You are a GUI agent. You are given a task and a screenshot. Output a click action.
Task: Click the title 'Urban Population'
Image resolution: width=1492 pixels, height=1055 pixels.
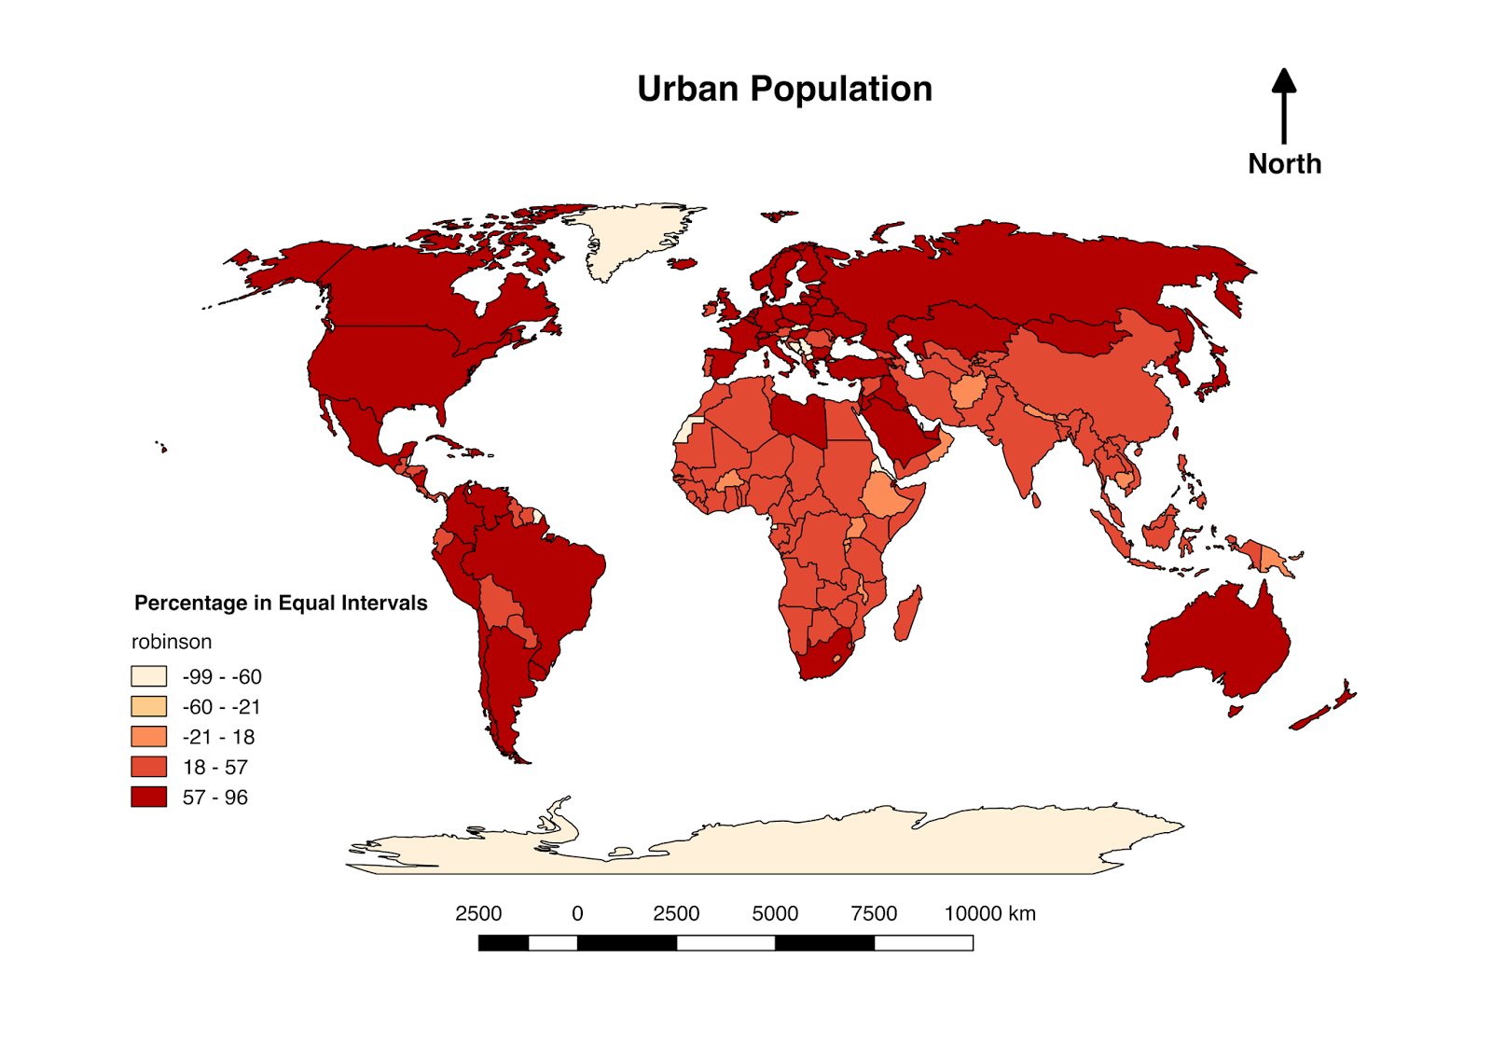coord(784,89)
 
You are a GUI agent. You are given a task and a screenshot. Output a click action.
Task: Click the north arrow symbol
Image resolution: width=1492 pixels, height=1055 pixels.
coord(1284,104)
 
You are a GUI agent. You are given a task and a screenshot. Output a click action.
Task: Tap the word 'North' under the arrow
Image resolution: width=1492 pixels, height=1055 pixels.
coord(1284,164)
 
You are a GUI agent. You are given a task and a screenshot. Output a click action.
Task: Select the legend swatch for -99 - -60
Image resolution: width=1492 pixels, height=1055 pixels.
coord(148,676)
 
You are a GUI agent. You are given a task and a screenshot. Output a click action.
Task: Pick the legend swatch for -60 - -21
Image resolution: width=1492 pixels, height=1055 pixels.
coord(148,706)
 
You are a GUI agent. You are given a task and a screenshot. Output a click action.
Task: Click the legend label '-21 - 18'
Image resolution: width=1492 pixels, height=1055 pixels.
coord(218,737)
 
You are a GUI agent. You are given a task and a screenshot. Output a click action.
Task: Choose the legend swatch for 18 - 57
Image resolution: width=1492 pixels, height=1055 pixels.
coord(148,767)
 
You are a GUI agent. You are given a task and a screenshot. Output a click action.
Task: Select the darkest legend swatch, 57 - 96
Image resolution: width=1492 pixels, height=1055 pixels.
coord(148,797)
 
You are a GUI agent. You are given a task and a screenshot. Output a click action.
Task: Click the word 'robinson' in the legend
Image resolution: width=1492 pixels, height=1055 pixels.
coord(172,642)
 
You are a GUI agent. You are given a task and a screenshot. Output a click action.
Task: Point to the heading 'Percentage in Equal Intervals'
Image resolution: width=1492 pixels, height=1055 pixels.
coord(281,603)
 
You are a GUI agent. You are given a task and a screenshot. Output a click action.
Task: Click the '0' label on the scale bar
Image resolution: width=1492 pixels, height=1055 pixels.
coord(577,913)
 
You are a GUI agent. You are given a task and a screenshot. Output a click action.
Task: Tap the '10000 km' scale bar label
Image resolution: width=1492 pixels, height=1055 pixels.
coord(989,913)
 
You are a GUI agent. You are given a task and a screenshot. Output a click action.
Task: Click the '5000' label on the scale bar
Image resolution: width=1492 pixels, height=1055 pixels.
coord(775,913)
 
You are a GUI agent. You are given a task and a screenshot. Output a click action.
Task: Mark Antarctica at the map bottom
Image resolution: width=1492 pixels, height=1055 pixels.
coord(765,844)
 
